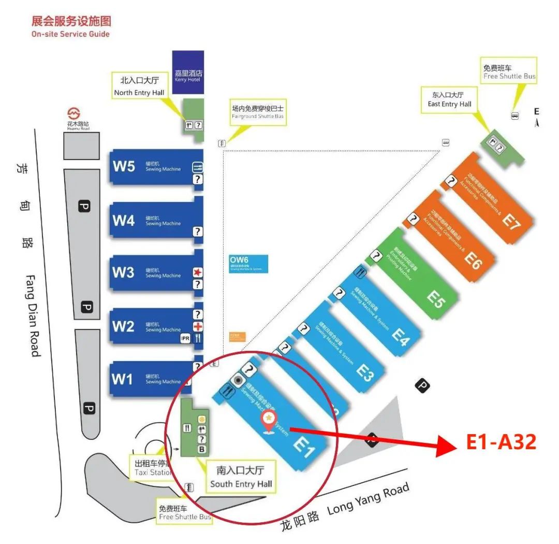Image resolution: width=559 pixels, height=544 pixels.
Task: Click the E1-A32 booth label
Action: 501,442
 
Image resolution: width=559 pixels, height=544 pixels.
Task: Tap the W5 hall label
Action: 124,166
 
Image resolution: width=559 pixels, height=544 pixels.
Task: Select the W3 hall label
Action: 123,272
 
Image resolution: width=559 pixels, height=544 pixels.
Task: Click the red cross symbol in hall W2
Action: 198,326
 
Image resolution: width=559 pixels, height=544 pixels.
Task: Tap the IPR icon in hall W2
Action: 185,338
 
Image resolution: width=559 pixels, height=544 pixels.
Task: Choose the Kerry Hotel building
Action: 187,73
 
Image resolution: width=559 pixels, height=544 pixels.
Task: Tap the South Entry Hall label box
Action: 241,477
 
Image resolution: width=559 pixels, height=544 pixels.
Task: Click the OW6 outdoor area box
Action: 248,263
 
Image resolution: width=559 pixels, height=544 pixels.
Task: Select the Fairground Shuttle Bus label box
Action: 258,112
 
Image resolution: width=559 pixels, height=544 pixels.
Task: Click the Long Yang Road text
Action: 368,498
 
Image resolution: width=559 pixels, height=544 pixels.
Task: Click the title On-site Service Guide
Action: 70,34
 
